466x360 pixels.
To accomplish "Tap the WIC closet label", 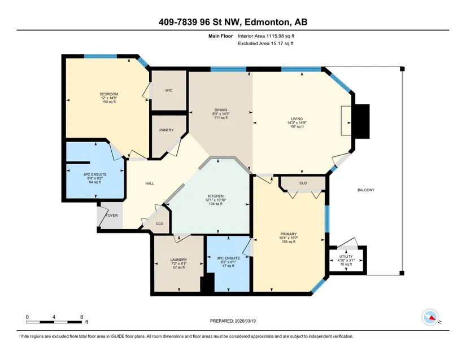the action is pyautogui.click(x=169, y=90).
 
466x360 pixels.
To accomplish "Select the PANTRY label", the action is pyautogui.click(x=167, y=130).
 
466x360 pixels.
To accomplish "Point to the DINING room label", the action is pyautogui.click(x=221, y=110).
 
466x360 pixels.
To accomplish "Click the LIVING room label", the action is pyautogui.click(x=297, y=118).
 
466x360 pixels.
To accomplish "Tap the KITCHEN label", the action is pyautogui.click(x=216, y=196).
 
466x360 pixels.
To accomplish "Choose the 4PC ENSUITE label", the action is pyautogui.click(x=95, y=174).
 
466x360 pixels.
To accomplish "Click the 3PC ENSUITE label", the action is pyautogui.click(x=228, y=258).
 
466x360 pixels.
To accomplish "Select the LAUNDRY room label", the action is pyautogui.click(x=178, y=260).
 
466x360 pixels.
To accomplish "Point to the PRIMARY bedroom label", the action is pyautogui.click(x=288, y=234).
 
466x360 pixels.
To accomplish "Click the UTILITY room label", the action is pyautogui.click(x=346, y=256).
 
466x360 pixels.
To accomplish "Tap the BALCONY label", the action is pyautogui.click(x=366, y=190).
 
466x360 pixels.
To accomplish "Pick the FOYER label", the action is pyautogui.click(x=112, y=216).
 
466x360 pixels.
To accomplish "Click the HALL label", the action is pyautogui.click(x=150, y=183).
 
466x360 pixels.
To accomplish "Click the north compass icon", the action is pyautogui.click(x=430, y=317).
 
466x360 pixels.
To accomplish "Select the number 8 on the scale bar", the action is pyautogui.click(x=82, y=317).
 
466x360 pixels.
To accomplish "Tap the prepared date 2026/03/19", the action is pyautogui.click(x=245, y=321).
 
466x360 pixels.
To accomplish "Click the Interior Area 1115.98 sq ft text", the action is pyautogui.click(x=266, y=36).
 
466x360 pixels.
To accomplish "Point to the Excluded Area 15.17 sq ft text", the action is pyautogui.click(x=265, y=43).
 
